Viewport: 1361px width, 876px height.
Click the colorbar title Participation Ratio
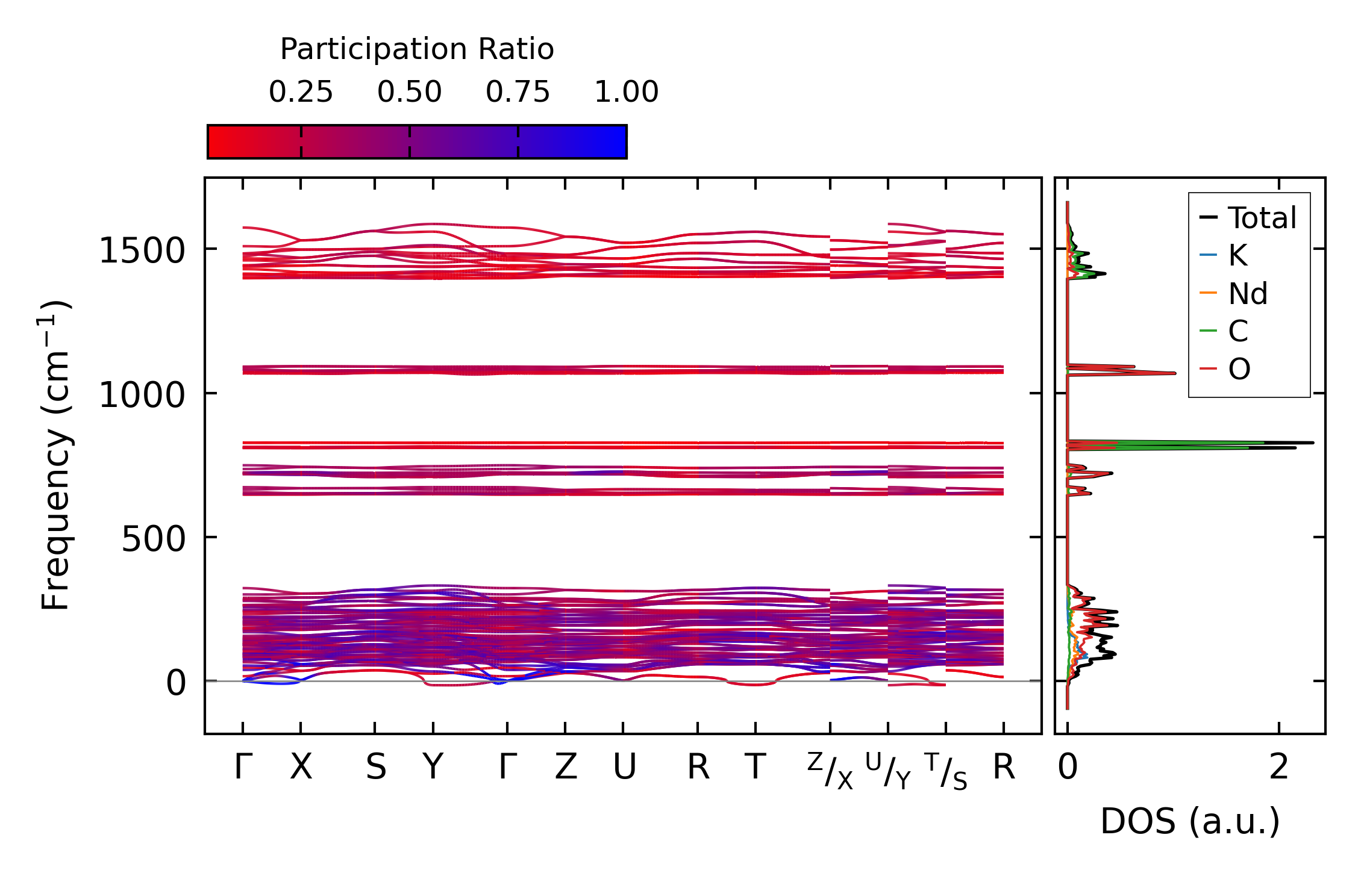pos(417,49)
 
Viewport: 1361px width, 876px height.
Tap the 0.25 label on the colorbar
pos(301,92)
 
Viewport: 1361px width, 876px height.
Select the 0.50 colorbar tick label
pos(409,92)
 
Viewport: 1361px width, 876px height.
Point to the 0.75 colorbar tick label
pos(518,92)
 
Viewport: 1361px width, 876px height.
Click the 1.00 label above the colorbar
pos(626,92)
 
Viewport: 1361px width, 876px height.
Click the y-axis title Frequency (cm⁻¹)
pos(55,455)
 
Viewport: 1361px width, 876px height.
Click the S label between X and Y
pos(375,767)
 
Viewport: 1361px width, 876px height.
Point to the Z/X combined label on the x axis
pos(830,771)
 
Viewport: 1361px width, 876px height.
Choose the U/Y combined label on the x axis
pos(887,771)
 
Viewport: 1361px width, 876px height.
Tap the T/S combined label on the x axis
pos(945,771)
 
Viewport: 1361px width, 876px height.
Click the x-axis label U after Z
pos(624,767)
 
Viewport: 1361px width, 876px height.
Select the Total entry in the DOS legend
pos(1262,218)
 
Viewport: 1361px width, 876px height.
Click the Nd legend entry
pos(1248,294)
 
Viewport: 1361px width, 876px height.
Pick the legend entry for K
pos(1237,256)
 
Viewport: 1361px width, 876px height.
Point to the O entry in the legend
pos(1239,369)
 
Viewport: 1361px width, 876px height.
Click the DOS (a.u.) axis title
pos(1190,821)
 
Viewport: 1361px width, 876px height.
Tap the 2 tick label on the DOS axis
pos(1278,767)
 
